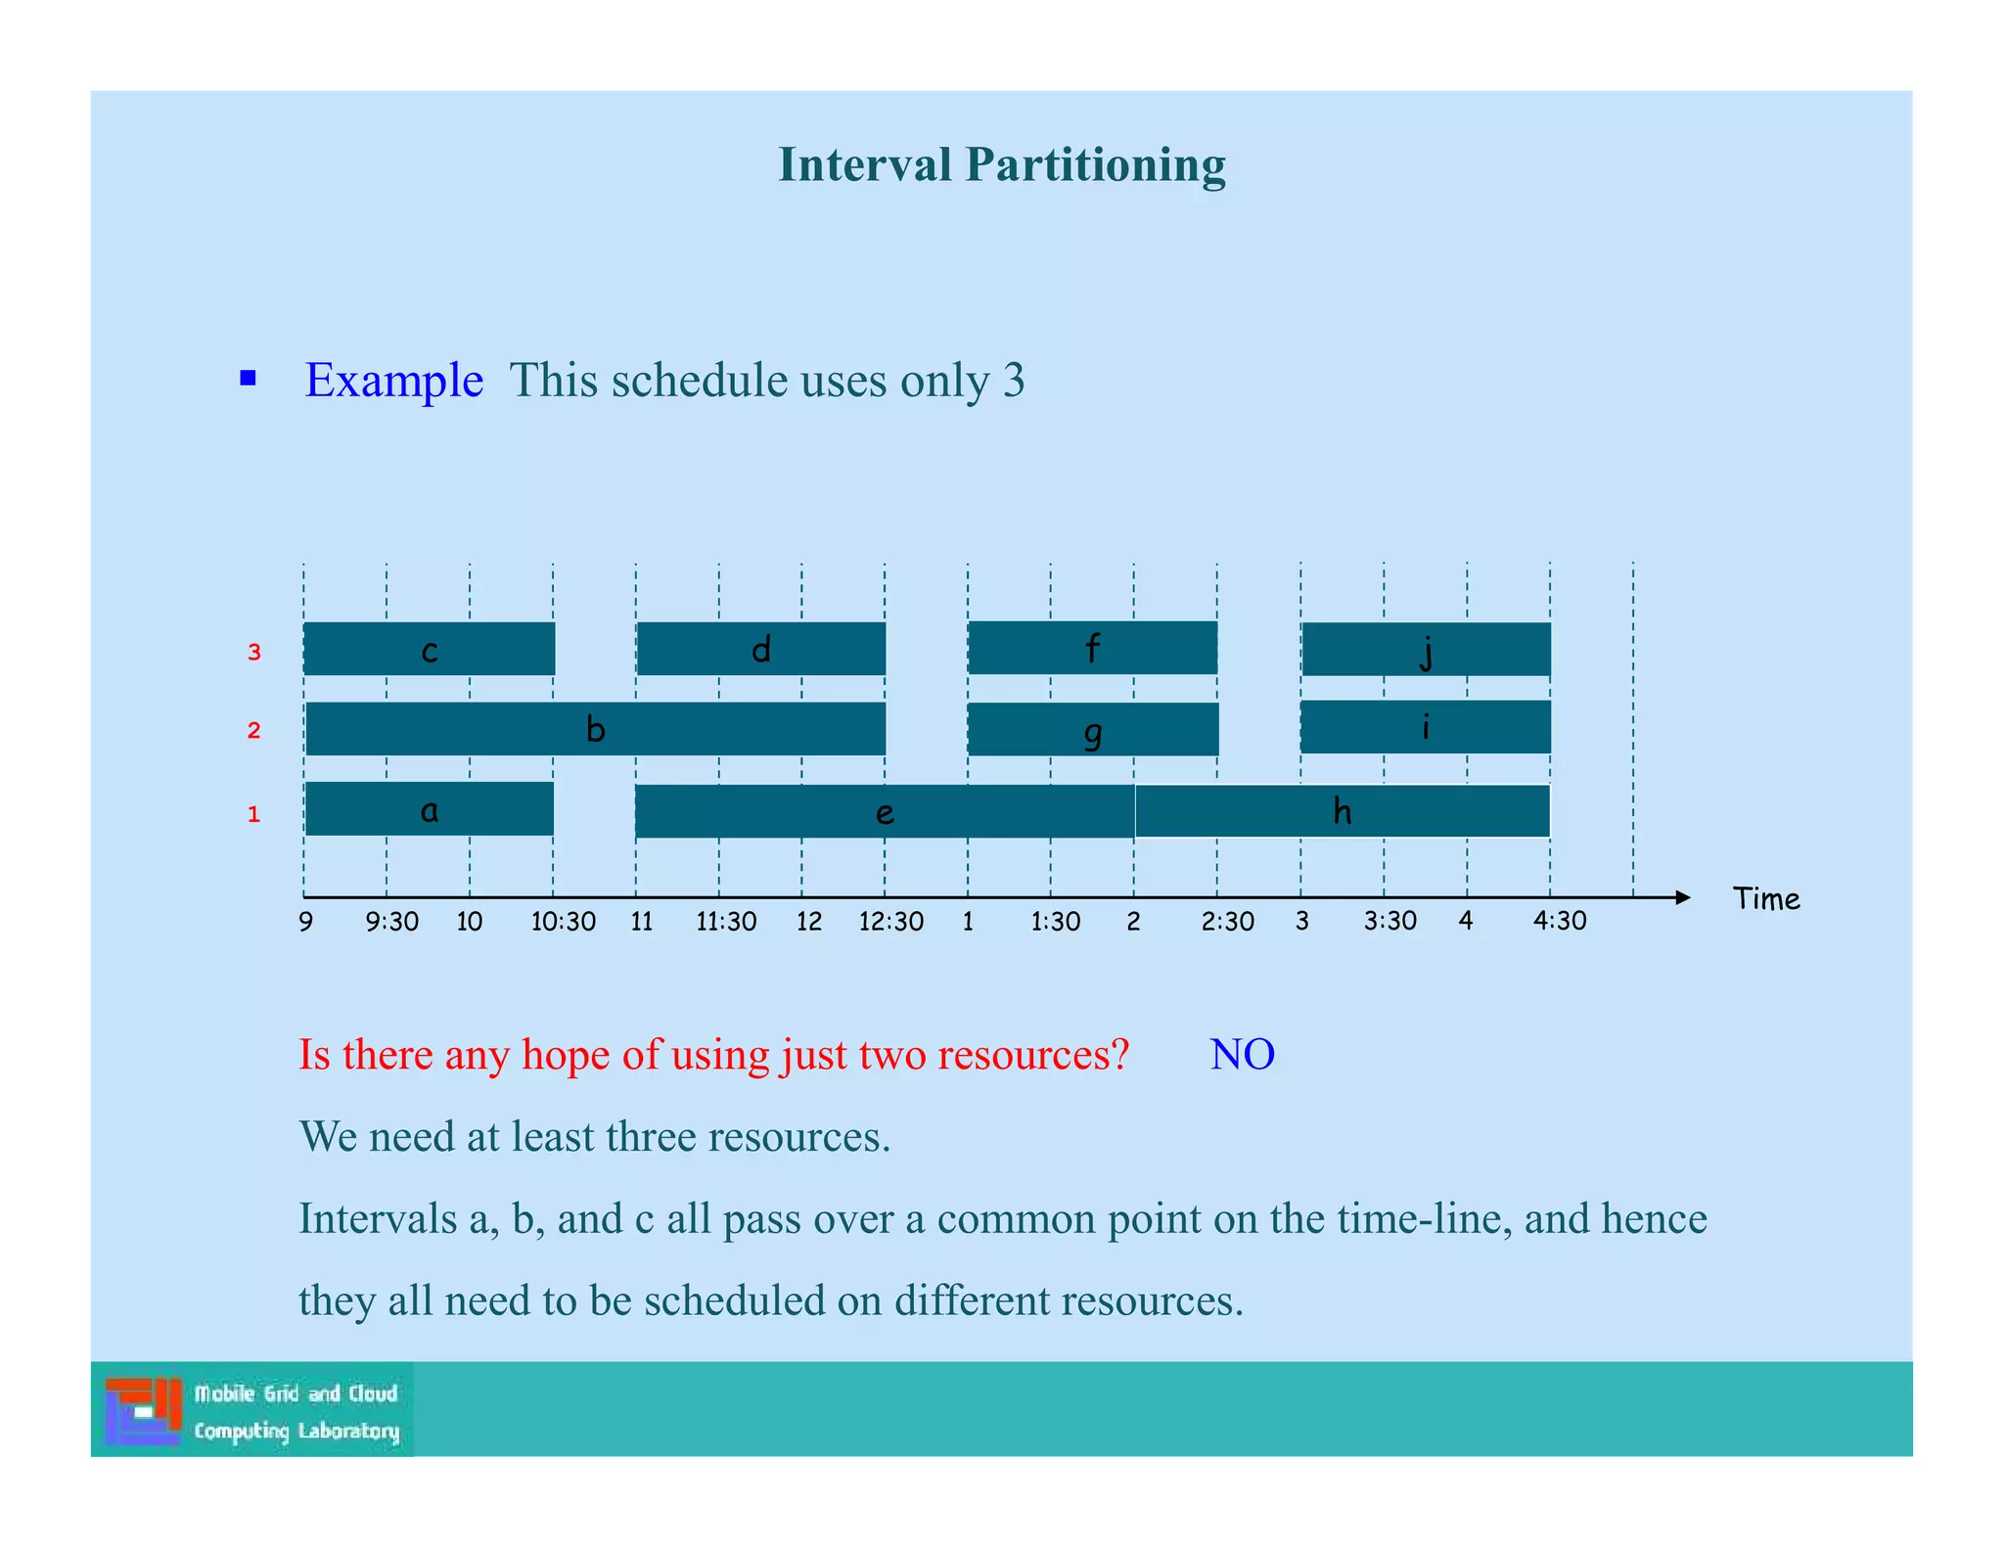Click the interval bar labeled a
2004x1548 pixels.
tap(429, 808)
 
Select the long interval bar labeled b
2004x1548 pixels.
tap(595, 729)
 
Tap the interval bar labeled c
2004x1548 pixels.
tap(429, 649)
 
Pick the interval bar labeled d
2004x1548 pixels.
tap(760, 649)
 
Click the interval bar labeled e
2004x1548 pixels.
tap(885, 811)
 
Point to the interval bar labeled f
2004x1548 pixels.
tap(1092, 648)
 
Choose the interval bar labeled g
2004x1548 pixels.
tap(1093, 729)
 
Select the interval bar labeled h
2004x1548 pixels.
tap(1342, 811)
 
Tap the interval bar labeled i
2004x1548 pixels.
tap(1425, 727)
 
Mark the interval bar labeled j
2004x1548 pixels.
tap(1426, 650)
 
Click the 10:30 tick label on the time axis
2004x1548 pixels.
tap(563, 922)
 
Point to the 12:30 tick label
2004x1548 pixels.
tap(890, 922)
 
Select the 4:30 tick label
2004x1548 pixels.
tap(1559, 921)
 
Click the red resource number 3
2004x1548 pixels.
tap(254, 653)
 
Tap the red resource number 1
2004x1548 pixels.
tap(254, 814)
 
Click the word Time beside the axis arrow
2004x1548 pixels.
tap(1765, 899)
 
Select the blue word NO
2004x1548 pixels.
tap(1242, 1055)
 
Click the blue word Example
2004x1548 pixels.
tap(393, 380)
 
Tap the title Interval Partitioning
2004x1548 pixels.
tap(1001, 164)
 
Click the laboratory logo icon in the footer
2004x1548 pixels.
tap(143, 1410)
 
